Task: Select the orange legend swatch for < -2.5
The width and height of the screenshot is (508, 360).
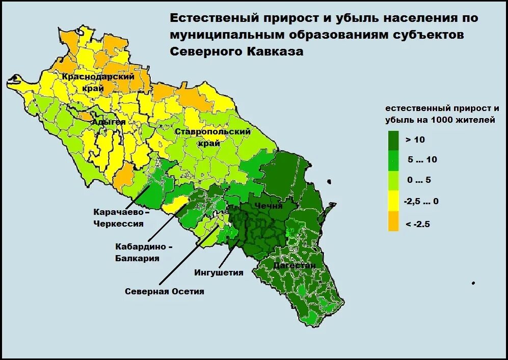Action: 393,223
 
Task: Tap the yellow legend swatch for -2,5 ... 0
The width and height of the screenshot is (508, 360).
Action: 393,202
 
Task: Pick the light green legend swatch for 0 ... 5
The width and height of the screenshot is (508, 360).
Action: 393,181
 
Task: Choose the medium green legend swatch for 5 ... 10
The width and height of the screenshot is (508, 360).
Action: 393,160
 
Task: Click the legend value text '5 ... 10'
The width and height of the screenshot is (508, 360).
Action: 422,160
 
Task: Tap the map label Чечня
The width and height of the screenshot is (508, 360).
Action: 269,206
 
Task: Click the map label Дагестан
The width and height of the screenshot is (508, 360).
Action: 294,265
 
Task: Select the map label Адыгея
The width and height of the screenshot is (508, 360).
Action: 109,122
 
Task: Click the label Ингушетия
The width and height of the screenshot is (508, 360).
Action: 219,272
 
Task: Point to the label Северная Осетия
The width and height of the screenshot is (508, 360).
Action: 165,291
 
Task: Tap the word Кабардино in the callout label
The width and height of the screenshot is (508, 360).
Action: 141,246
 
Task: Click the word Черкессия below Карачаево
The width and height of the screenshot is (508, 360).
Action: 118,223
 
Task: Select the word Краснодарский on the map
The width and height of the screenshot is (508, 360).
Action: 98,77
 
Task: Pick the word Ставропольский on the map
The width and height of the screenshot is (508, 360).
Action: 213,132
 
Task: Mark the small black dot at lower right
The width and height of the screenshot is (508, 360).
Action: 473,283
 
